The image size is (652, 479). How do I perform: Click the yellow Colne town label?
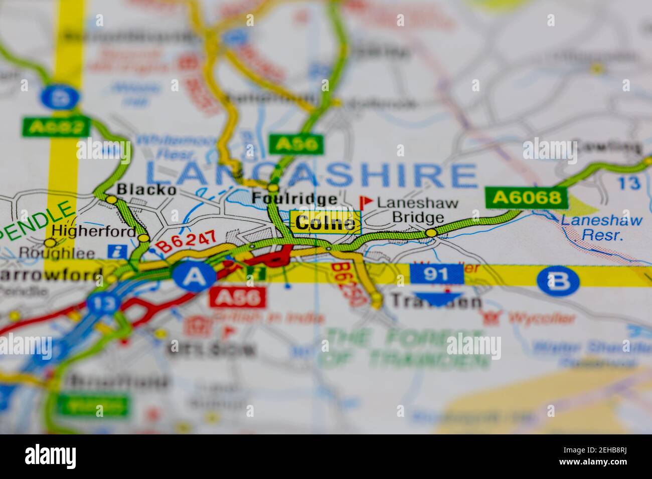pos(325,222)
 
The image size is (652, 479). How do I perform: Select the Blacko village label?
pos(146,190)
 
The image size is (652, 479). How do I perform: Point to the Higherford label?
pos(94,231)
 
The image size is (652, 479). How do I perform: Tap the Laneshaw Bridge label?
pos(418,210)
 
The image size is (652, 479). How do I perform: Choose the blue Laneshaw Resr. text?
pos(601,227)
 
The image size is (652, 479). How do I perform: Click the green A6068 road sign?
pos(527,197)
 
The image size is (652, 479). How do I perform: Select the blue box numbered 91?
pos(436,274)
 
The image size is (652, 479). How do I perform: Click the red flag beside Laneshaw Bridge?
pos(366,202)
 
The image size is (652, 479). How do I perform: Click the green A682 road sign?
pos(55,127)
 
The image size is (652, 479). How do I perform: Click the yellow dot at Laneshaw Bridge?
pos(431,232)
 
